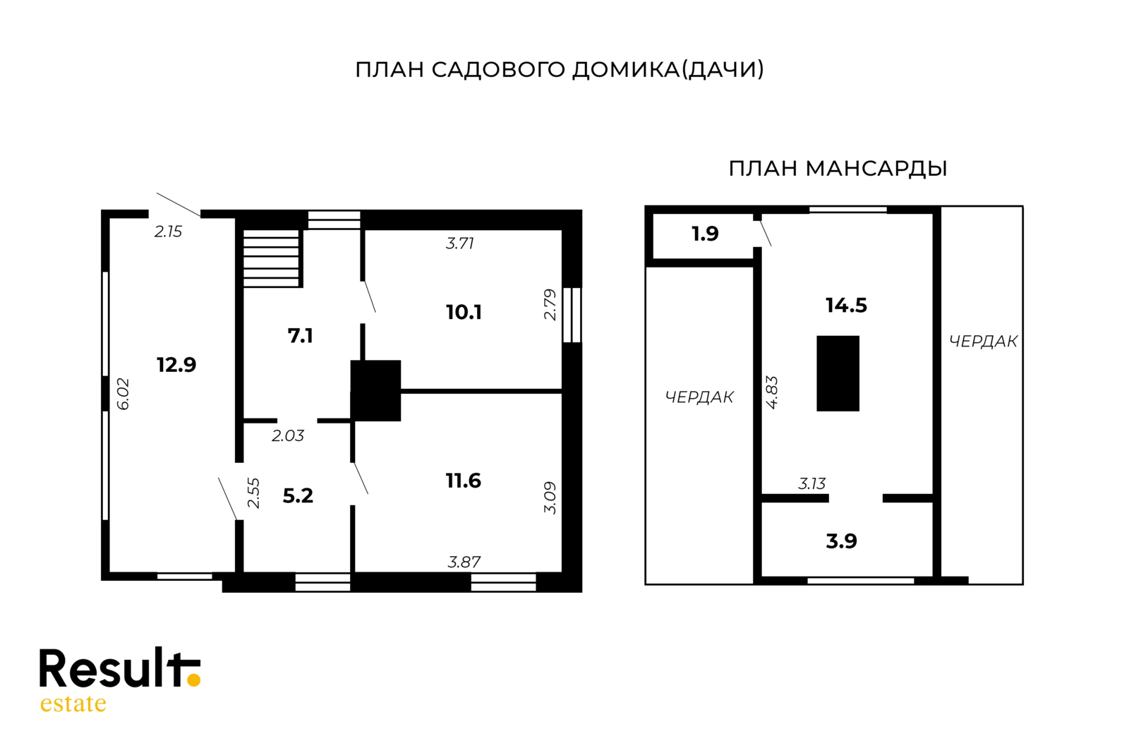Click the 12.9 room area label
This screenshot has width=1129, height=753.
tap(176, 365)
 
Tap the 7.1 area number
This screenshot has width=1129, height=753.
tap(300, 336)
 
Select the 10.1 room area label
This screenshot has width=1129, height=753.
tap(464, 312)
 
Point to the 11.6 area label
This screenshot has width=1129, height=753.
tap(463, 481)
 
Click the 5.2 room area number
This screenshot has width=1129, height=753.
tap(298, 496)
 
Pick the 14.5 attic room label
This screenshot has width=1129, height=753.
tap(846, 306)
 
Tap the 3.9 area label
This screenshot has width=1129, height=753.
tap(841, 541)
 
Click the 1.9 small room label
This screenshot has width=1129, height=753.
tap(705, 234)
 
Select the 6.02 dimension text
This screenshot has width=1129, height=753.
tap(123, 394)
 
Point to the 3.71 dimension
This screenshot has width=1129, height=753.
tap(460, 243)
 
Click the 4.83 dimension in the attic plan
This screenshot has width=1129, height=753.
tap(772, 392)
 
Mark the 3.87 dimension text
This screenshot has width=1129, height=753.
tap(464, 562)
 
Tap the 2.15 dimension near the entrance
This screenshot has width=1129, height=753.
tap(169, 231)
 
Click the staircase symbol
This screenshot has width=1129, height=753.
tap(272, 258)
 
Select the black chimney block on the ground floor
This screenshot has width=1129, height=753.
tap(375, 390)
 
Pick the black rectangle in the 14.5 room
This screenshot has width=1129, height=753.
tap(838, 373)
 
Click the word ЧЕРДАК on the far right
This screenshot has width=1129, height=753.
tap(983, 342)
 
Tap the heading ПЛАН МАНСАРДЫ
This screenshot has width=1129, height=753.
tap(838, 169)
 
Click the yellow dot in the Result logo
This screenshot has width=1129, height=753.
tap(193, 680)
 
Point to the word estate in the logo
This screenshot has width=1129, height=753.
tap(73, 704)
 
